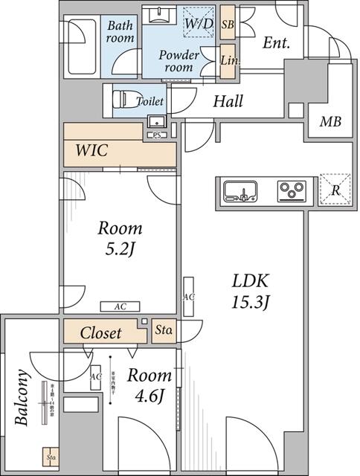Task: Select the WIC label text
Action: [92, 150]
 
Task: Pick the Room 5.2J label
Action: [120, 239]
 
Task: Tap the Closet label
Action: [100, 332]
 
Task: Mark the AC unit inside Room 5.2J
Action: [120, 306]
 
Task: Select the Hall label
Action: [228, 102]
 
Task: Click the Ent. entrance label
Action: [276, 43]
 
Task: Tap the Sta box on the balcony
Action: [51, 458]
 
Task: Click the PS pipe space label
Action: [156, 135]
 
